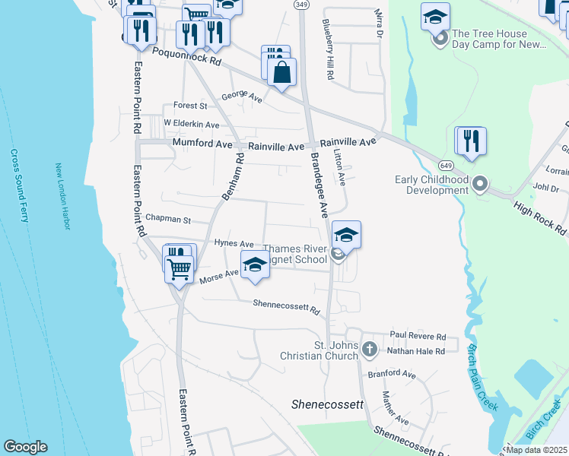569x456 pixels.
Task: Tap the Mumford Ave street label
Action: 201,142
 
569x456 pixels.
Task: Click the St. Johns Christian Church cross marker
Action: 369,350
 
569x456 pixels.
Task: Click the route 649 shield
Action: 447,166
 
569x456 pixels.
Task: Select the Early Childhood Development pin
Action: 479,184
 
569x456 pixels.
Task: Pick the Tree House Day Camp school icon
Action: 435,17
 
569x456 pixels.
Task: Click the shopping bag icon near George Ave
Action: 281,73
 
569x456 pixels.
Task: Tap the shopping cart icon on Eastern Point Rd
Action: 179,268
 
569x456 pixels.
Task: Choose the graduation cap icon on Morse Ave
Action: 255,265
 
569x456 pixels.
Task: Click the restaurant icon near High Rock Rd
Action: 471,141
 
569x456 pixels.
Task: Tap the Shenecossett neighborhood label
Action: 328,404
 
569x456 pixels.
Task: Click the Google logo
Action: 25,447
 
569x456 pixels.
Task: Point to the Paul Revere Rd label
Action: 417,335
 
